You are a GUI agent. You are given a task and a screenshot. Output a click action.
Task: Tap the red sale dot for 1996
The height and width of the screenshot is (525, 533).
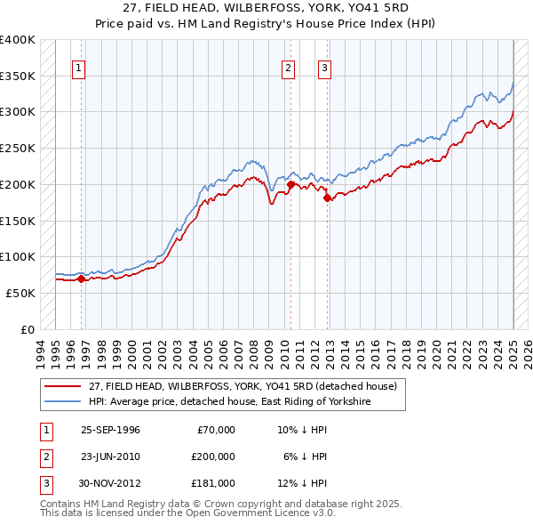point(81,279)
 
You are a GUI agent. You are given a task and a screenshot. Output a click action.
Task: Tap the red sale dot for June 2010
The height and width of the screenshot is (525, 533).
point(290,184)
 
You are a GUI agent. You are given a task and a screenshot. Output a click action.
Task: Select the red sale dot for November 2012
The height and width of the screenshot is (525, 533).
point(328,198)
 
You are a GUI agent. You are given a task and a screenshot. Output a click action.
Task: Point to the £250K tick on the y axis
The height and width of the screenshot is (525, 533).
point(18,148)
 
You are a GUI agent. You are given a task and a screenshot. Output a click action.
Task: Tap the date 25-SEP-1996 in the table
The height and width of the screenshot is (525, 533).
point(110,430)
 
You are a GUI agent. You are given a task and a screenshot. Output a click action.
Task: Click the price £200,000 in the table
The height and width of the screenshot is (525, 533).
point(213,456)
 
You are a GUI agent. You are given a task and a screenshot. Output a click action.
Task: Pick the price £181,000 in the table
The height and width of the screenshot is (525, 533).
point(213,483)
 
